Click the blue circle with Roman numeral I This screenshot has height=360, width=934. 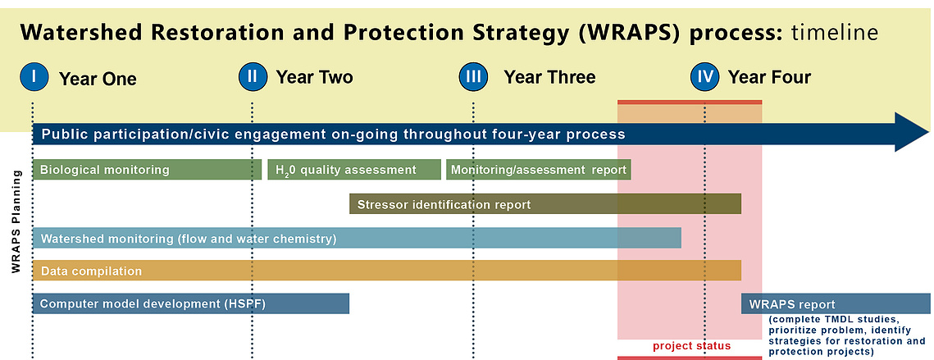pos(34,77)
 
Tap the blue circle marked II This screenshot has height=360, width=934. pos(253,77)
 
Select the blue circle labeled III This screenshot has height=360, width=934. pos(473,77)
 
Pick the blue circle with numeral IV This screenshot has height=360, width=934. pos(705,77)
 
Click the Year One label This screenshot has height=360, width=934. pos(98,79)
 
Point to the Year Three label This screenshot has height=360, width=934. pos(549,77)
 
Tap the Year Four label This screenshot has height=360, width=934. pos(770,77)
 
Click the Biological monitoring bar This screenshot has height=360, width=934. pos(147,170)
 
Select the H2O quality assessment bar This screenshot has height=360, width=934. pos(354,170)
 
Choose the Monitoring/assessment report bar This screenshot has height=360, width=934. pos(539,170)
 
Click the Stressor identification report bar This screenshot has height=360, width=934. pos(545,204)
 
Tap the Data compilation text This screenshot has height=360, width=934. pos(91,271)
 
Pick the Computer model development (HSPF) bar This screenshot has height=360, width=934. pos(191,304)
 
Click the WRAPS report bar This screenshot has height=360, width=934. pos(836,304)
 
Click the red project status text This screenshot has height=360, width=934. pos(691,346)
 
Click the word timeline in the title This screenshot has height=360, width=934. pos(835,33)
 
